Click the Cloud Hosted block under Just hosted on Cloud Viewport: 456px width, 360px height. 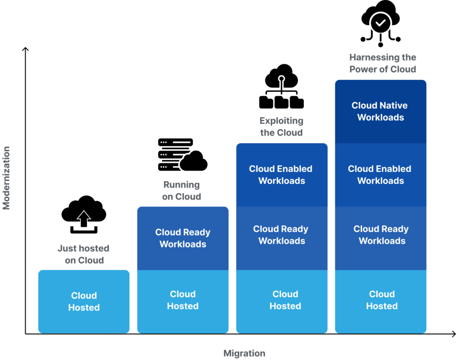pos(84,302)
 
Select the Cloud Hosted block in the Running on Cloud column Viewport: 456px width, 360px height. pos(183,301)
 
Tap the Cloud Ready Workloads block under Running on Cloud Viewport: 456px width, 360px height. pos(183,238)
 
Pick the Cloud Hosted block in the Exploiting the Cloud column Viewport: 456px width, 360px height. pos(281,301)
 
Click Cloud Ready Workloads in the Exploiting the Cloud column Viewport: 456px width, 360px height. pos(281,235)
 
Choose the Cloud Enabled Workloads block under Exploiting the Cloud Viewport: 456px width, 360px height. pos(281,175)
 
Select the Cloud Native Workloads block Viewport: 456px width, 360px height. pos(380,112)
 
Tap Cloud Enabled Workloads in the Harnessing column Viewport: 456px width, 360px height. pos(380,175)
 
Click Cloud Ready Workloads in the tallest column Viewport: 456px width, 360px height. pos(380,235)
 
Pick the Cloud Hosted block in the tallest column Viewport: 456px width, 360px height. pos(380,301)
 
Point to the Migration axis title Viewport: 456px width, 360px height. pos(244,354)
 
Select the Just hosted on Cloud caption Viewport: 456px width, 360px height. pos(84,254)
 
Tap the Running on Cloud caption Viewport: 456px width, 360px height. pos(182,191)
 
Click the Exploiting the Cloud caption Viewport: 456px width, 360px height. pos(281,127)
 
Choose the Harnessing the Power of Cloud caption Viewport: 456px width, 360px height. pos(383,63)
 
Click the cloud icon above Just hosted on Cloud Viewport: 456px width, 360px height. pos(84,215)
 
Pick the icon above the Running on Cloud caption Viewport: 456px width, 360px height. pos(182,156)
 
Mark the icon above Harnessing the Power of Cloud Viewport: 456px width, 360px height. pos(381,22)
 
